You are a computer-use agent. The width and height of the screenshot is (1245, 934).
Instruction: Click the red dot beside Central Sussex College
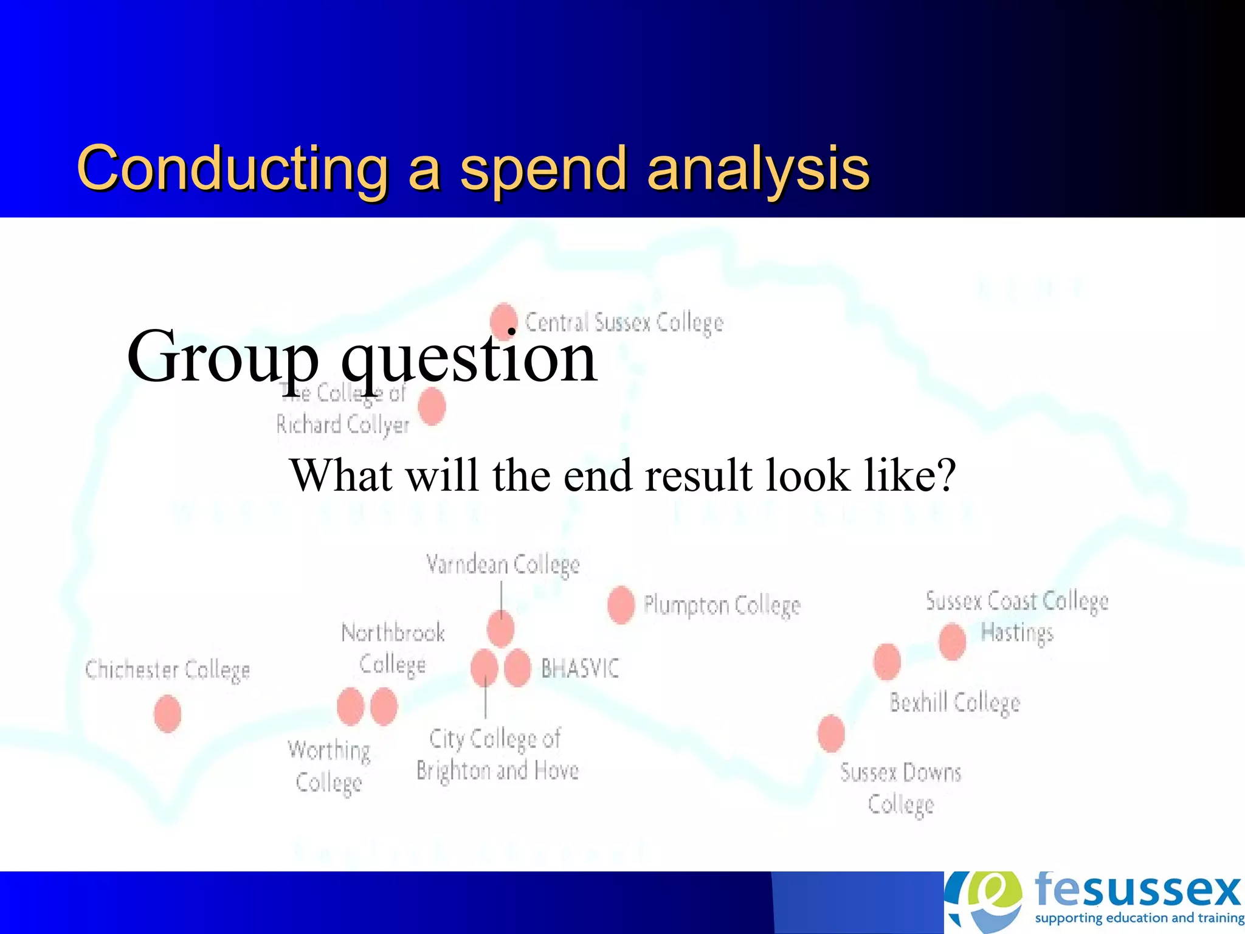click(503, 320)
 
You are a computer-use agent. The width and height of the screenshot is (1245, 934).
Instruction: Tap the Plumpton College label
click(722, 606)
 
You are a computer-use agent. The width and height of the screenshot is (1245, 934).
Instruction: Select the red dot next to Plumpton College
click(621, 605)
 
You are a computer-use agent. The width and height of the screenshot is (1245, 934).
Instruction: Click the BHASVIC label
click(580, 669)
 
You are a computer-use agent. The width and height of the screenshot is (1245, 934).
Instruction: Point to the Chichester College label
click(168, 670)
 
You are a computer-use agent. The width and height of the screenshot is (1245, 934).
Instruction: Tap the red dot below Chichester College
click(167, 713)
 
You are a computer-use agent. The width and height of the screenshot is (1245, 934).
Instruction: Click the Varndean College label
click(503, 565)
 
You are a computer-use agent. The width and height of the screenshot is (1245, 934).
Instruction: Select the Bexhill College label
click(954, 703)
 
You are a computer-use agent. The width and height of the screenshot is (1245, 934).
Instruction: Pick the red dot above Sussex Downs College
click(831, 733)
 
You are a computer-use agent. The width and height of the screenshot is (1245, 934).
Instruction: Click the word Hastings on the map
click(1017, 633)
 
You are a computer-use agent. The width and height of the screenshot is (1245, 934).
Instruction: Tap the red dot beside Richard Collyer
click(432, 406)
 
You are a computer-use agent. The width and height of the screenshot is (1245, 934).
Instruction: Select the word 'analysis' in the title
click(758, 168)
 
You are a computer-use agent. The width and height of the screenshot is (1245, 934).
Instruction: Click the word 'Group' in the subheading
click(222, 358)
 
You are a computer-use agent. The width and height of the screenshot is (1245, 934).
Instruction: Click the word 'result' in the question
click(698, 476)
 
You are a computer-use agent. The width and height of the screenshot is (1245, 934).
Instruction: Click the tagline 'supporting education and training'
click(1139, 918)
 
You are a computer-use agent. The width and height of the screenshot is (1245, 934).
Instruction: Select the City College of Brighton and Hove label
click(497, 755)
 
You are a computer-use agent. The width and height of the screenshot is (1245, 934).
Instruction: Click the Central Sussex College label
click(624, 323)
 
